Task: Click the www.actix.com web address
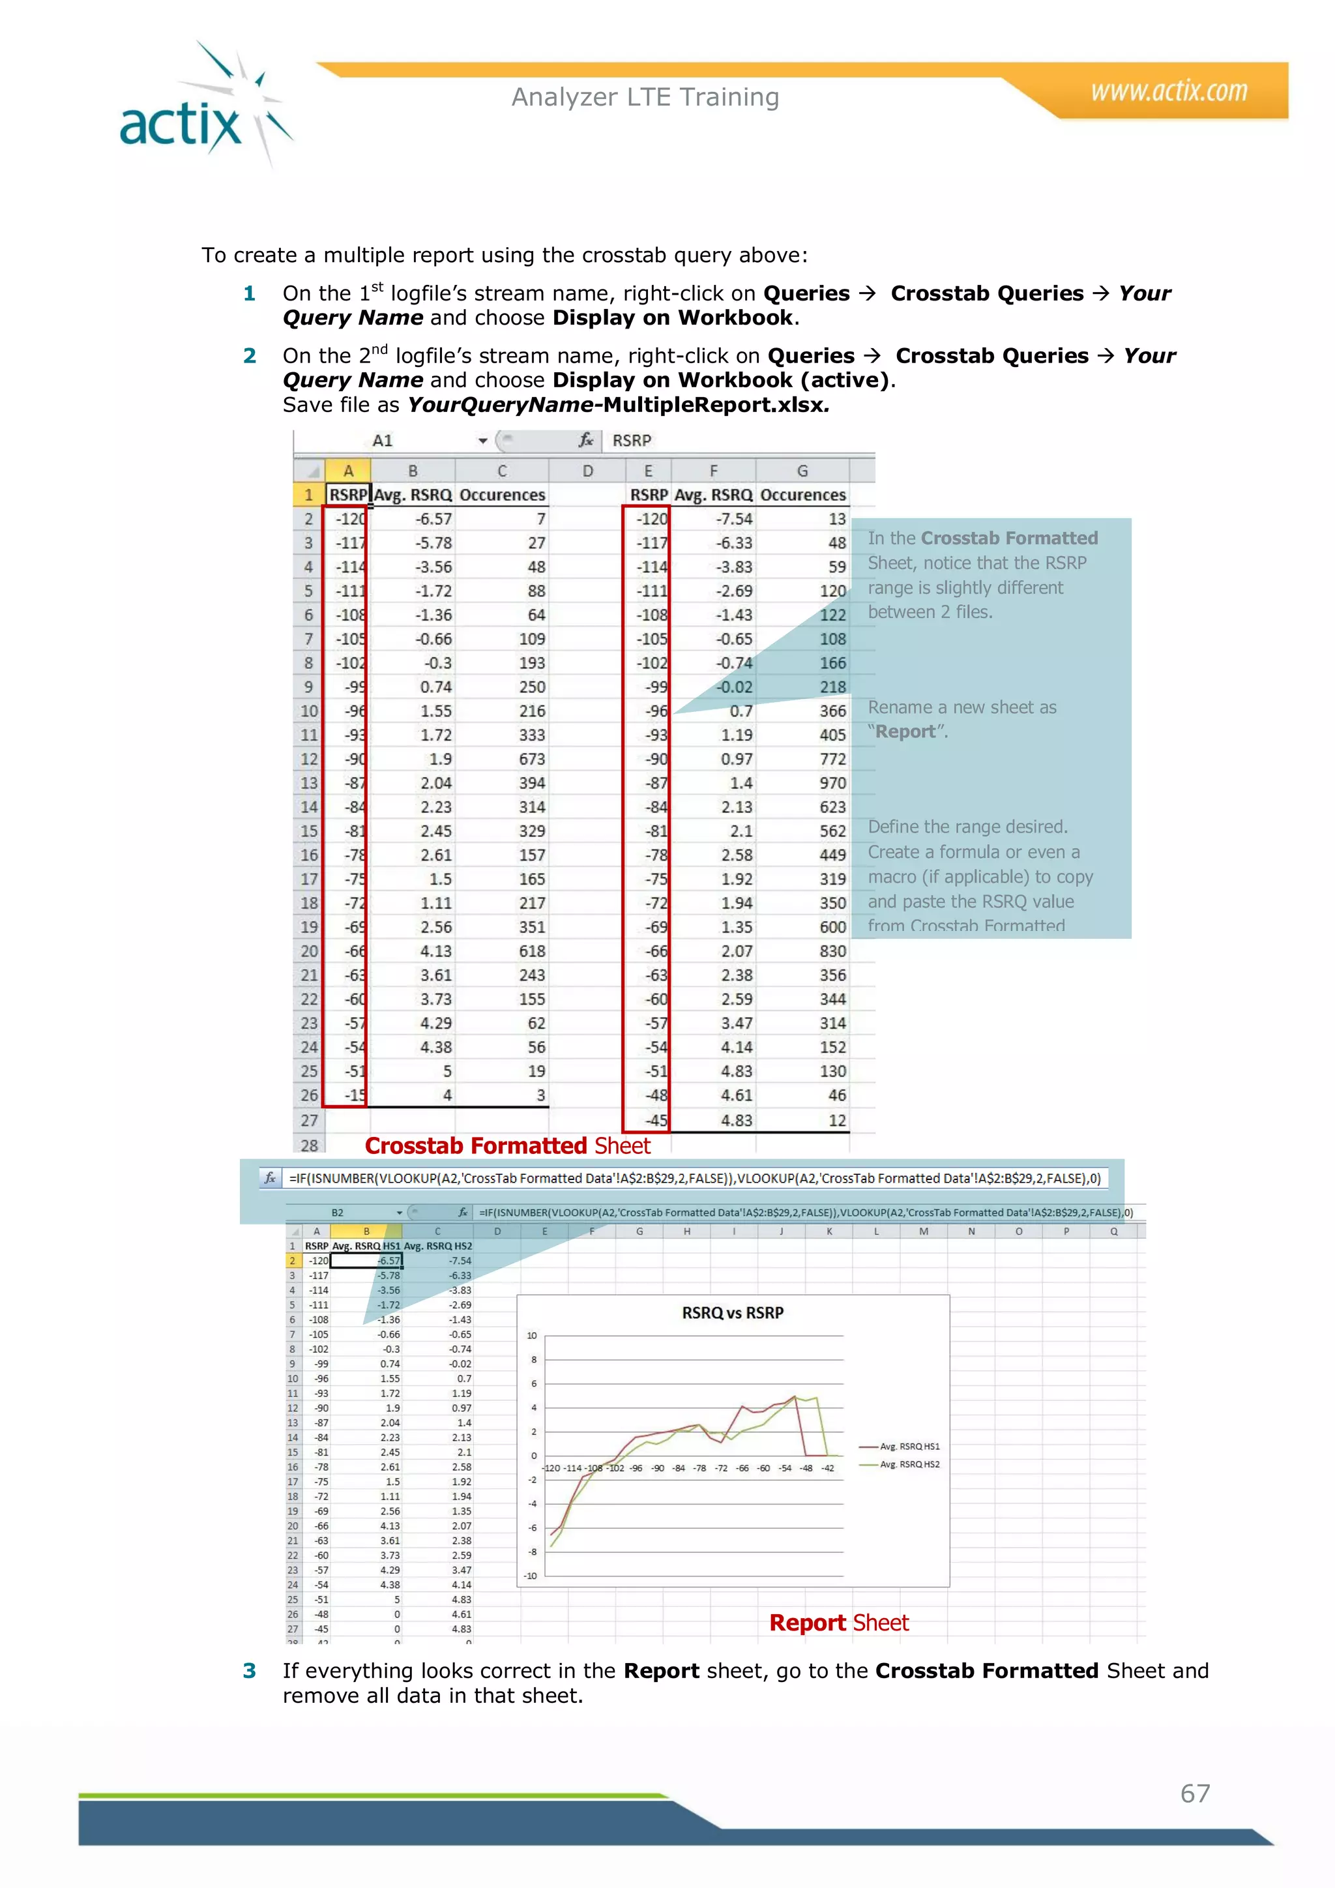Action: pos(1168,91)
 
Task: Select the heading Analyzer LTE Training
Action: pos(645,97)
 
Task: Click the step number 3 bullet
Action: pos(250,1671)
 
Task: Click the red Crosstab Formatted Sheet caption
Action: pos(507,1145)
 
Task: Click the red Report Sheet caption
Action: pos(838,1623)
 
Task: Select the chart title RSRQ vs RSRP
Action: pos(733,1312)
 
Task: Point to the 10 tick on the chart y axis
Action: pos(532,1335)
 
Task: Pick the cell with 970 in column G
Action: pos(832,783)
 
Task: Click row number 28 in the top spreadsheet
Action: pos(309,1145)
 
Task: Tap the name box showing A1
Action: pos(383,441)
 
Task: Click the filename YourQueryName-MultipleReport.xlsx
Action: pos(618,405)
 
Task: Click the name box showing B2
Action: pos(338,1213)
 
